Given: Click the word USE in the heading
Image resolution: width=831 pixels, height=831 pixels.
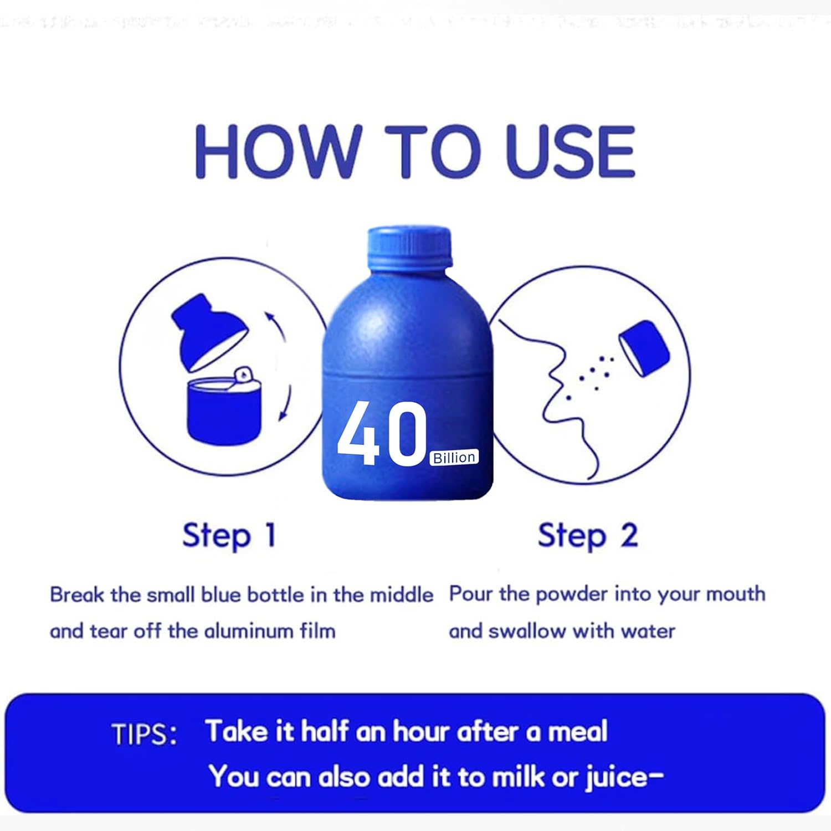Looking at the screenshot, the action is point(571,151).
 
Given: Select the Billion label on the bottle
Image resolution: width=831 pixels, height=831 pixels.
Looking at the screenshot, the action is point(454,457).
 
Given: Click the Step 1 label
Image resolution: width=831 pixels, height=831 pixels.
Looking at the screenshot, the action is point(229,536).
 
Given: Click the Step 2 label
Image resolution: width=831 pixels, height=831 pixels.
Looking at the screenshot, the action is point(587,536).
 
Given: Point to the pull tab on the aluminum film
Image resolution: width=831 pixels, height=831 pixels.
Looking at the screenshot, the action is point(242,375).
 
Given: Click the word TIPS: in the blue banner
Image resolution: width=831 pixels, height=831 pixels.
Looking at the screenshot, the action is point(144,735).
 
